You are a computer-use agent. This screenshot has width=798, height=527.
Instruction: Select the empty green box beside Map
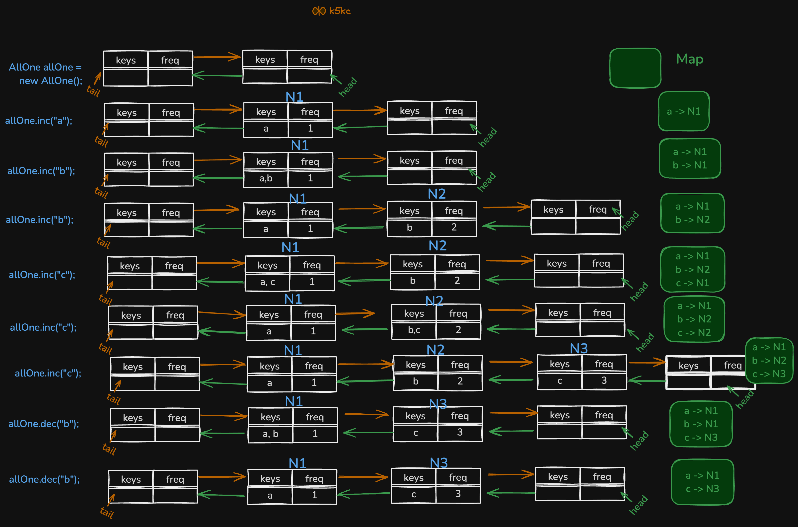click(635, 68)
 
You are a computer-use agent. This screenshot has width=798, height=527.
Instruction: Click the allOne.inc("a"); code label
click(39, 121)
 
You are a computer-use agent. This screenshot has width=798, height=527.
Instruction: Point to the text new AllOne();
click(50, 81)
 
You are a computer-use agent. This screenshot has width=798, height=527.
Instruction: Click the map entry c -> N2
click(694, 333)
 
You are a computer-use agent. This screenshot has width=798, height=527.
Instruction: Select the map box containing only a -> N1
click(684, 111)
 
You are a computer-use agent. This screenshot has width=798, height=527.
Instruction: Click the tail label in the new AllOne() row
click(93, 91)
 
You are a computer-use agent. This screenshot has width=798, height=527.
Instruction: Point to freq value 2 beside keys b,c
click(458, 330)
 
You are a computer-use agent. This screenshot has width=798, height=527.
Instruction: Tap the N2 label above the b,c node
click(434, 301)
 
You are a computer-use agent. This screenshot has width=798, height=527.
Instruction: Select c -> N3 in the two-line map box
click(702, 489)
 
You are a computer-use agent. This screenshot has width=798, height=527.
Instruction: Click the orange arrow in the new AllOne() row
click(217, 57)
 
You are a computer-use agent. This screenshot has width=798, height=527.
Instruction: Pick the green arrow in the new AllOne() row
click(217, 75)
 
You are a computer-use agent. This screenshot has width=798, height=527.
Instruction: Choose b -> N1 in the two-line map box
click(690, 165)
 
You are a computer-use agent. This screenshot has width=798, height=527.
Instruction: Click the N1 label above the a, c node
click(290, 248)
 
